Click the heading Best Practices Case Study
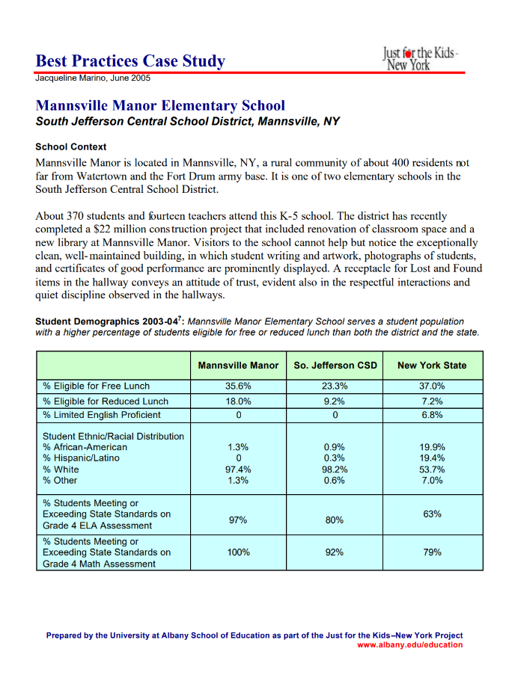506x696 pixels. pos(130,61)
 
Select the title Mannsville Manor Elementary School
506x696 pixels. pos(160,106)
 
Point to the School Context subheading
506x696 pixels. pos(71,147)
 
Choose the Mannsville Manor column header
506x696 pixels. pos(238,366)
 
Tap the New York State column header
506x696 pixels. pos(432,366)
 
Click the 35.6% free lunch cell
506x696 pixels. pos(238,387)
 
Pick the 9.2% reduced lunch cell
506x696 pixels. pos(334,401)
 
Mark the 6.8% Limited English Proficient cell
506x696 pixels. pos(432,415)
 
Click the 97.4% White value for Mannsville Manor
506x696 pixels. pos(238,469)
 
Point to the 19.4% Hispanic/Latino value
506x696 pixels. pos(432,458)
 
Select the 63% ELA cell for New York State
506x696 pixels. pos(432,514)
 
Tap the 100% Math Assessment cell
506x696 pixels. pos(238,552)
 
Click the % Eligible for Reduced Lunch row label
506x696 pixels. pos(106,401)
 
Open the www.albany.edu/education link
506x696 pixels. pos(409,645)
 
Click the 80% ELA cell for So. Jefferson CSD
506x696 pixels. pos(334,520)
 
